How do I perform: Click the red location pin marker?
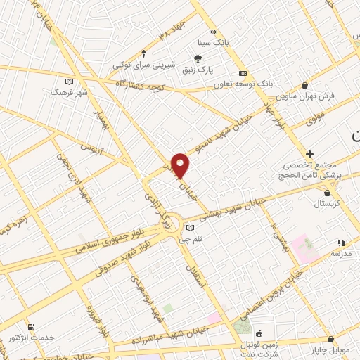pos(180,165)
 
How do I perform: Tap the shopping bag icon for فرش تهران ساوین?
pos(304,84)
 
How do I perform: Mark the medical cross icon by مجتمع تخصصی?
pos(309,153)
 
